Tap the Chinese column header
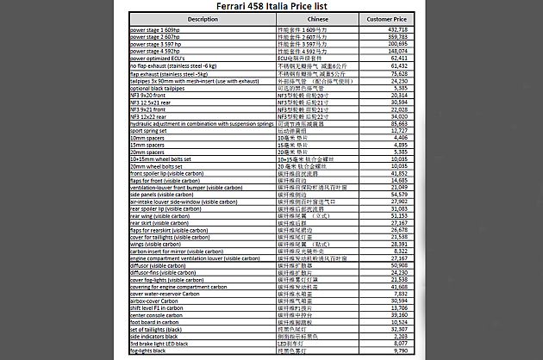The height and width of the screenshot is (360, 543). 316,18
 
